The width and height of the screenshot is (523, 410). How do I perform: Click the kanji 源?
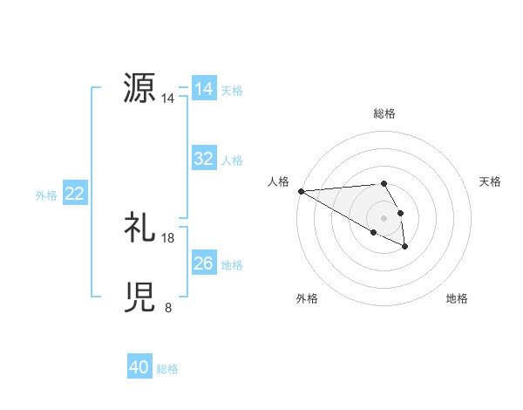tap(140, 88)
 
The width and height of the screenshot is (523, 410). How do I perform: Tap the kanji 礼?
tap(140, 228)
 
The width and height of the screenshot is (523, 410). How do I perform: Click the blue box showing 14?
tap(204, 89)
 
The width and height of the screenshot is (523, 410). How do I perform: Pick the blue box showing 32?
tap(204, 159)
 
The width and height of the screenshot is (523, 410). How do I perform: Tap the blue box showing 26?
tap(204, 263)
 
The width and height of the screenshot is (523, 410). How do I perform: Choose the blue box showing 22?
tap(74, 195)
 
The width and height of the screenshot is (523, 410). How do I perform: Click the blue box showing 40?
tap(139, 368)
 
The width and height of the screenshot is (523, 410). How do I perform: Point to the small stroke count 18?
tap(168, 238)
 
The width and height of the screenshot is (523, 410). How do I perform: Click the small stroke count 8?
tap(168, 308)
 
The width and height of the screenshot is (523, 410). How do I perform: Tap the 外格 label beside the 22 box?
tap(46, 195)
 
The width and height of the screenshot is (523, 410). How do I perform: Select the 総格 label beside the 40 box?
tap(167, 369)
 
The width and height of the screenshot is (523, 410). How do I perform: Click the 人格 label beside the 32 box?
tap(232, 161)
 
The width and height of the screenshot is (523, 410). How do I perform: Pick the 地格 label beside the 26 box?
tap(232, 265)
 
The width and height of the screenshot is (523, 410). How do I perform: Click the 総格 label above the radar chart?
tap(384, 113)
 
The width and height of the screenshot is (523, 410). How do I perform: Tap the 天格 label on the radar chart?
tap(491, 181)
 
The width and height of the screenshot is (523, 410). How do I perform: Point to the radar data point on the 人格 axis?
tap(301, 190)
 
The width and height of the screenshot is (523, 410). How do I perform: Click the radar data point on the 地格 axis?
tap(405, 248)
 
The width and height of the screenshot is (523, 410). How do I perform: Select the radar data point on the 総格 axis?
tap(384, 183)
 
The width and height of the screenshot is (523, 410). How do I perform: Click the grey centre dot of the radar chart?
tap(384, 217)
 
